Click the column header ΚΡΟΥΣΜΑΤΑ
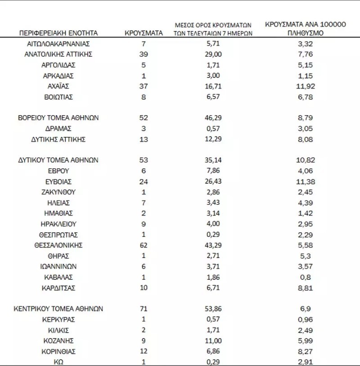143,33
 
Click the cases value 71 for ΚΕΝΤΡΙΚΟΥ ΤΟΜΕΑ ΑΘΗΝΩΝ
144,309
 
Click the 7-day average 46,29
214,118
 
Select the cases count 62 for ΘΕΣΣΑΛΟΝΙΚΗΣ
144,245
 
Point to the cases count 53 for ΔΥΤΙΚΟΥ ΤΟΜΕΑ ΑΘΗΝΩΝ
144,160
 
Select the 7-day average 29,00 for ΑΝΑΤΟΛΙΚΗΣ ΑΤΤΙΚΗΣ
214,54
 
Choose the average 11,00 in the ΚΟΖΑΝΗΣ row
214,340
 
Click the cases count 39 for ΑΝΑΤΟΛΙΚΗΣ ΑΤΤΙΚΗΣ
144,54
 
